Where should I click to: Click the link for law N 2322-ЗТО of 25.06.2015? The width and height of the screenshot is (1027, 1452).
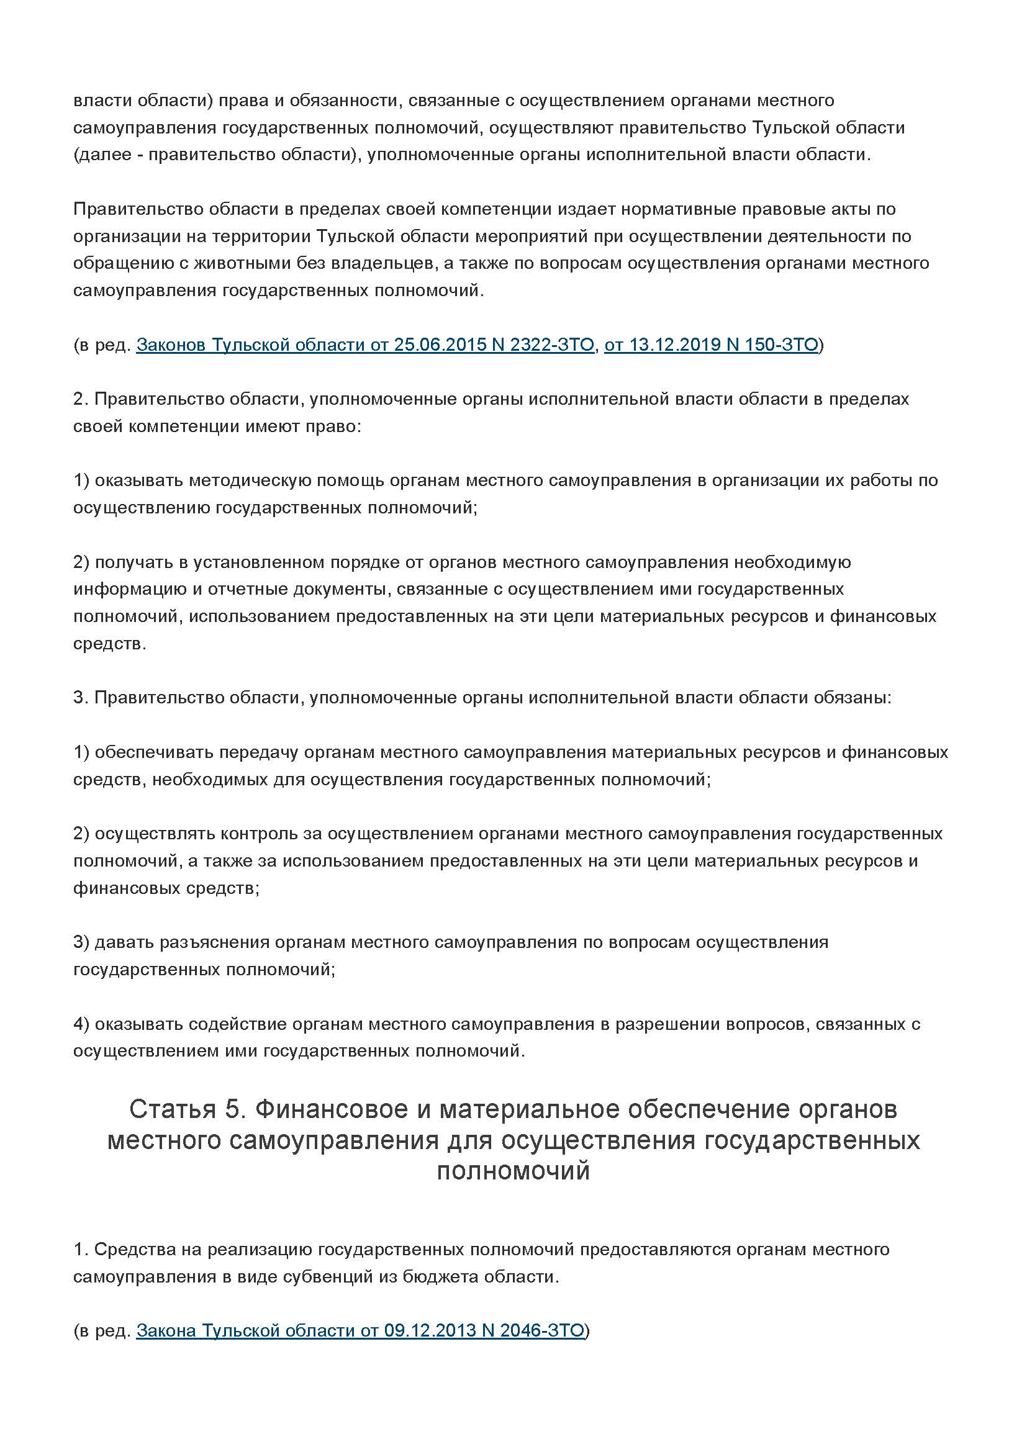365,345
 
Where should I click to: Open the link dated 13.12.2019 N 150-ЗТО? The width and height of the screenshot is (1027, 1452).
711,345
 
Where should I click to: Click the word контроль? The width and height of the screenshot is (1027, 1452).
260,833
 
